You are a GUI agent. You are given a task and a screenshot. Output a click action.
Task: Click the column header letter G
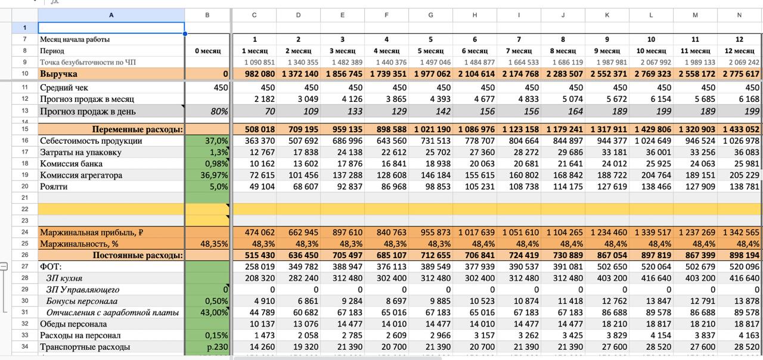(430, 15)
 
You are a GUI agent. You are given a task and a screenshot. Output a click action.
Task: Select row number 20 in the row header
(24, 187)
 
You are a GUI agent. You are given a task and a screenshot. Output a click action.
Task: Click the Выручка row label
(58, 74)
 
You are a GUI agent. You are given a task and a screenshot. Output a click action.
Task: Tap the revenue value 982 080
(259, 74)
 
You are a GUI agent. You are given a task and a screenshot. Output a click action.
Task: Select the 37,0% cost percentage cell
(216, 141)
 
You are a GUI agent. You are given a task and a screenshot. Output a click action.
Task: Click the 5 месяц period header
(430, 51)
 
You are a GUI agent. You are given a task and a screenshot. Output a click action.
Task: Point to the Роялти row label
(54, 187)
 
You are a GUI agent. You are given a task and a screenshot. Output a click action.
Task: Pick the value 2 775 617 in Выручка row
(741, 74)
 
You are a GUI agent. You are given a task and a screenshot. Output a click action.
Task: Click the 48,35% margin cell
(214, 244)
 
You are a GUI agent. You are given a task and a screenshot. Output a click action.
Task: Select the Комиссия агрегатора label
(81, 175)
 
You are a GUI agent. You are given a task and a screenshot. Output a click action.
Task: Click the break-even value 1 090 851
(259, 63)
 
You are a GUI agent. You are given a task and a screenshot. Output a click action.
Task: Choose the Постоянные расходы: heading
(138, 256)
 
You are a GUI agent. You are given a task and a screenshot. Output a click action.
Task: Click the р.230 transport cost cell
(218, 347)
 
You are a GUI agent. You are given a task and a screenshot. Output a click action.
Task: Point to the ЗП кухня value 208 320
(259, 278)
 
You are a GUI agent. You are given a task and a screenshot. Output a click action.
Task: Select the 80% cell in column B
(219, 111)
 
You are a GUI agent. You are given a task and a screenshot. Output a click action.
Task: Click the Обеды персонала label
(73, 324)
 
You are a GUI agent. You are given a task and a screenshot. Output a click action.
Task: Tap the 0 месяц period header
(208, 51)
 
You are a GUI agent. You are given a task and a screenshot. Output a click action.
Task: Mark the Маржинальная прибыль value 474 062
(259, 232)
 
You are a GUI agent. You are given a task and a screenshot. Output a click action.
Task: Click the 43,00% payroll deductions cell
(214, 312)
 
